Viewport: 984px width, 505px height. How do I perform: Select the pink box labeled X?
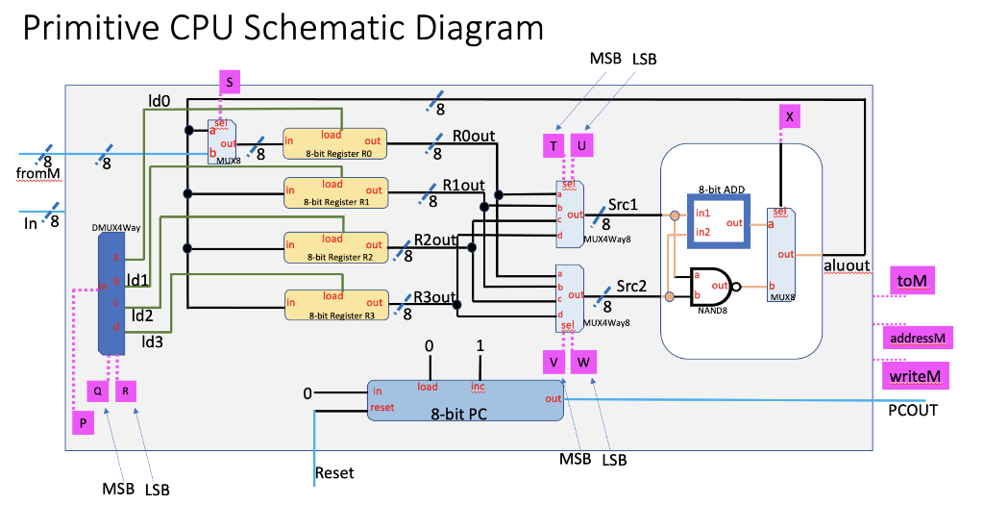(789, 116)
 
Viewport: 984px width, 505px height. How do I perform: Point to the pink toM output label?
(914, 280)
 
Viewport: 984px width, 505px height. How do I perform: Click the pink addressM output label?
(916, 339)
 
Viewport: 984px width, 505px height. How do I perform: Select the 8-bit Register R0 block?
(333, 143)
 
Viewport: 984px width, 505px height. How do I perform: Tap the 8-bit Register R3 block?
(333, 304)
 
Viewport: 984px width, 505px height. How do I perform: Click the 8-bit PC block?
(465, 399)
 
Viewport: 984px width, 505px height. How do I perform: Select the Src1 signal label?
(623, 206)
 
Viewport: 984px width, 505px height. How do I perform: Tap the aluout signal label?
(846, 265)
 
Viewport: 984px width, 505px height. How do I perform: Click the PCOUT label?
(912, 411)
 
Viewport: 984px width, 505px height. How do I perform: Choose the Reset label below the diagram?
(334, 472)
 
